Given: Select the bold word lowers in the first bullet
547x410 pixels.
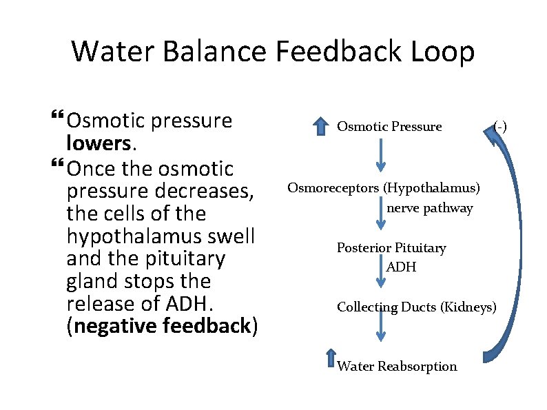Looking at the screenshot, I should point(101,143).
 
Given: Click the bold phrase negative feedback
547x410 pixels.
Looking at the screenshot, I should point(162,326).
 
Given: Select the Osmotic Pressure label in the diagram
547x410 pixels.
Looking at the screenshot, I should point(389,127).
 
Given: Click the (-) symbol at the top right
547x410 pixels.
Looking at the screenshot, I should point(500,125).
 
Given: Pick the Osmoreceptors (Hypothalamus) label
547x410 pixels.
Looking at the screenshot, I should point(384,187).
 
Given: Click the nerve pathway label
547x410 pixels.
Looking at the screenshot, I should point(430,208).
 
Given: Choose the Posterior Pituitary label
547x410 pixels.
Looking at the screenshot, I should point(391,247).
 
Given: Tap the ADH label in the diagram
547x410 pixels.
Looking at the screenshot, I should point(402,267).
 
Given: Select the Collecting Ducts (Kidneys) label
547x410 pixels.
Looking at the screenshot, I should point(416,307).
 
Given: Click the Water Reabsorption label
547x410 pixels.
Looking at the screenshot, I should point(397,366).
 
